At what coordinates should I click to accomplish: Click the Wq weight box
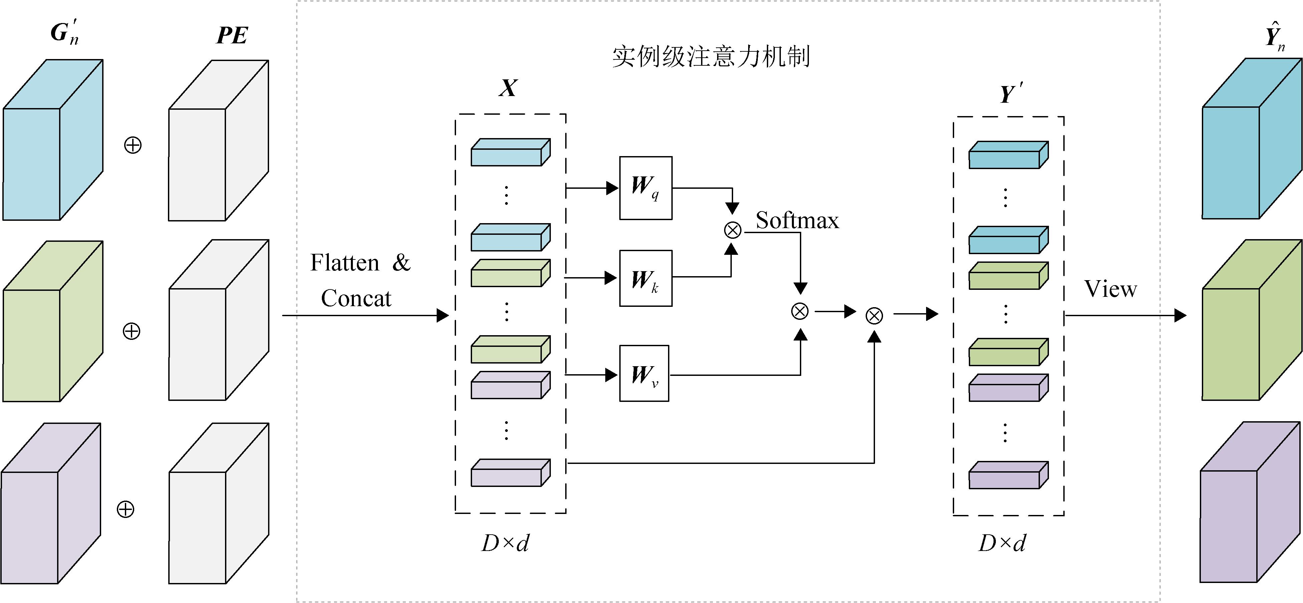coord(645,188)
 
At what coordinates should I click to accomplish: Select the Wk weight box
coord(645,278)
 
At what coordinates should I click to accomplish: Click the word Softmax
coord(797,220)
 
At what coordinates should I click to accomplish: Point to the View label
coord(1111,289)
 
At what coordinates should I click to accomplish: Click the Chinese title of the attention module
coord(711,57)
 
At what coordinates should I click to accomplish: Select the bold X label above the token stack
coord(508,88)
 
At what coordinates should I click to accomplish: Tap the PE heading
coord(232,35)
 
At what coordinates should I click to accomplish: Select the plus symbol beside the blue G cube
coord(133,145)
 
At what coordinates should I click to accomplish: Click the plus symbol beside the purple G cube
coord(126,509)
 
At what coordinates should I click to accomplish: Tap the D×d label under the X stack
coord(505,543)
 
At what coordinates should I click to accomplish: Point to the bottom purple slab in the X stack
coord(510,473)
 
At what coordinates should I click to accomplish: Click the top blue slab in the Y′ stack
coord(1008,155)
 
